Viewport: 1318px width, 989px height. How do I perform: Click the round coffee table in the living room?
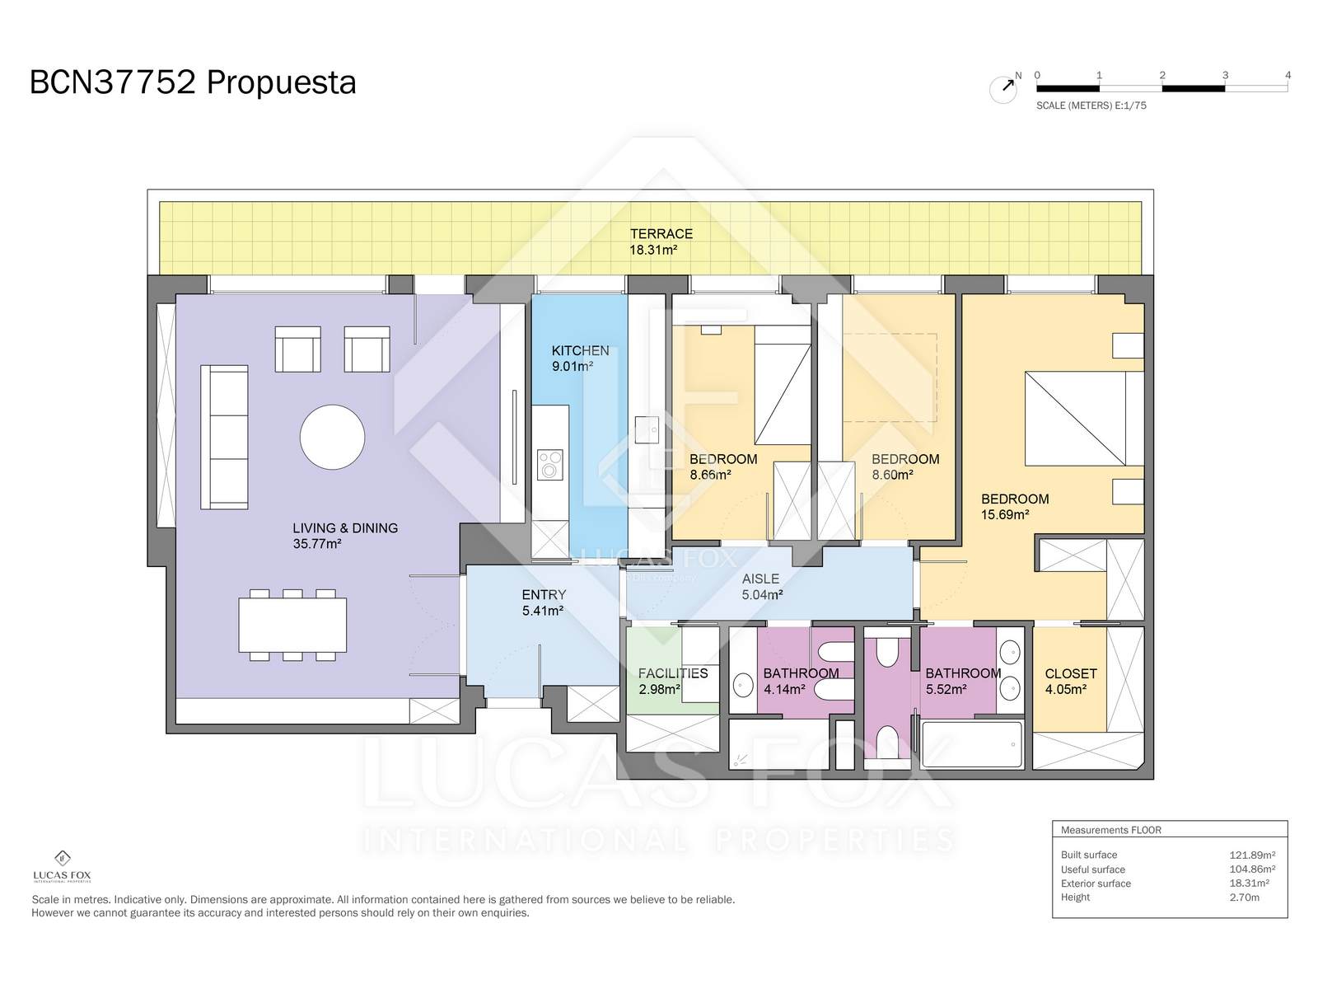tap(332, 437)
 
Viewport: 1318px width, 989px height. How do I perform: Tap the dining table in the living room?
tap(292, 625)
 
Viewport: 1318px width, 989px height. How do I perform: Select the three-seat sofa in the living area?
tap(224, 437)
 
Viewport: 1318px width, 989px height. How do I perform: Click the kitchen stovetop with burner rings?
tap(549, 465)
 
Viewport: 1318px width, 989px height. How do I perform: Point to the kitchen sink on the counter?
tap(646, 429)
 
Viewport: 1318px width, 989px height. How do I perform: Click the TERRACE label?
tap(661, 233)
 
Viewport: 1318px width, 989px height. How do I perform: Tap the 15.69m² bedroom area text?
tap(1005, 514)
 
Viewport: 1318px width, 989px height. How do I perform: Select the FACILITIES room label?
tap(672, 673)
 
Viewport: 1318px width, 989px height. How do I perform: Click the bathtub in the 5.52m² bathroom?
tap(971, 744)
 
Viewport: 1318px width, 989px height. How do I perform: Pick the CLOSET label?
tap(1071, 673)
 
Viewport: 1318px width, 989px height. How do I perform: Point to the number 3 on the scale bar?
tap(1225, 75)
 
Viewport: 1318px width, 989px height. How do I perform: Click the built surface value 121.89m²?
tap(1252, 855)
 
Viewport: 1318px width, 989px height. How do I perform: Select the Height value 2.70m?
tap(1244, 898)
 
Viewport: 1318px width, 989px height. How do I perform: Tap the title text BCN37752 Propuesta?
tap(193, 83)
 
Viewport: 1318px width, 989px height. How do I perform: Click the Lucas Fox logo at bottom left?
tap(62, 866)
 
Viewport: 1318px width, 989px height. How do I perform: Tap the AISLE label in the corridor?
tap(760, 579)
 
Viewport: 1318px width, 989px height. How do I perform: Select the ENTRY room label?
tap(544, 594)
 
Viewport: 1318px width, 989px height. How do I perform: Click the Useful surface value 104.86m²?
tap(1252, 869)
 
